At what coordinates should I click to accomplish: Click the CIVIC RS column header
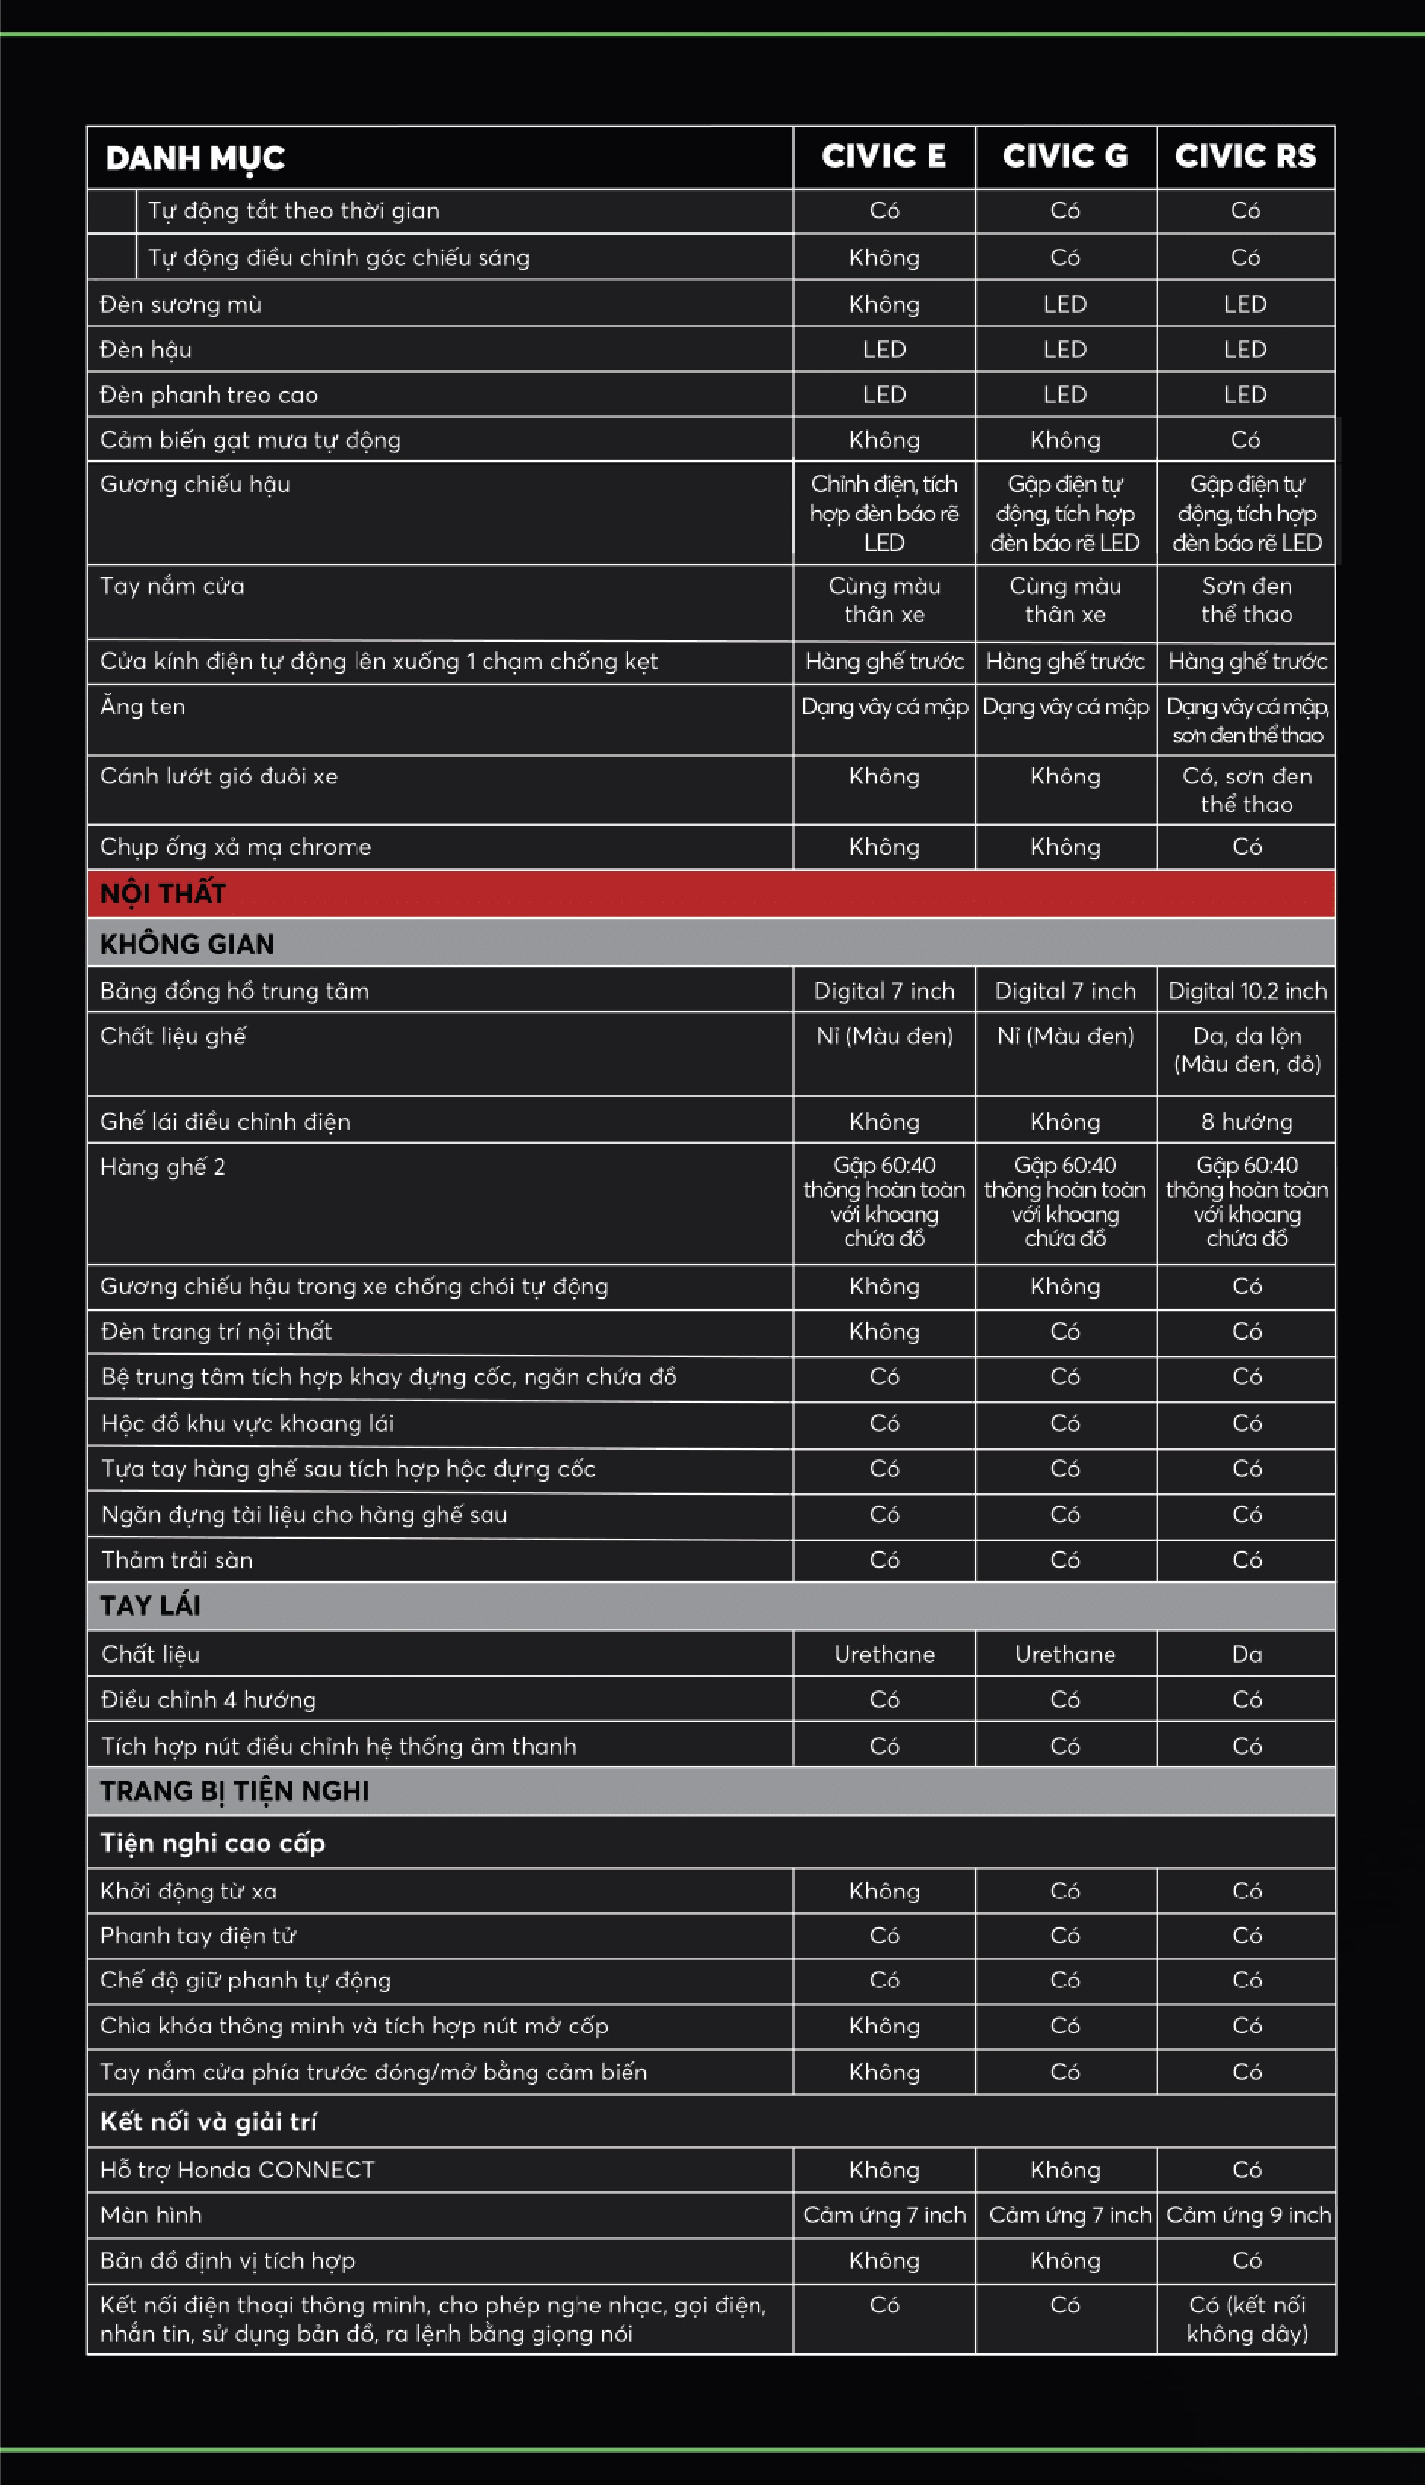[1245, 157]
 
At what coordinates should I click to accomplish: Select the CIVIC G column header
[1064, 157]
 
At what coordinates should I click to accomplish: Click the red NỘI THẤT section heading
[163, 893]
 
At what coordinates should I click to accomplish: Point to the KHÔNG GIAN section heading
[187, 943]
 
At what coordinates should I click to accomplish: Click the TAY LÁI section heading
[151, 1606]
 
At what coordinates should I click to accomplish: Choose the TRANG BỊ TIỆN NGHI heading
[234, 1790]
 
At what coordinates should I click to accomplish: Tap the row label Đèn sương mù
[181, 304]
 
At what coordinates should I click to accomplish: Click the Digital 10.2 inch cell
[1247, 991]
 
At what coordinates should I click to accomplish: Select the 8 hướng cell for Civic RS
[1247, 1121]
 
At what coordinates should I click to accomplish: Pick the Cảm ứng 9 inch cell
[1248, 2214]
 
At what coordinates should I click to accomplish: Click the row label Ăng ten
[143, 706]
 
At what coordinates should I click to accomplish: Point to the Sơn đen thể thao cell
[1247, 599]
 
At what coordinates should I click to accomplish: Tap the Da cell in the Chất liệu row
[1247, 1655]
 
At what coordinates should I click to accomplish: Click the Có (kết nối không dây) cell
[1247, 2318]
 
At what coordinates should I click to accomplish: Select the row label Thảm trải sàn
[177, 1560]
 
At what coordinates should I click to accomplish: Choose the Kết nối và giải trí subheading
[209, 2122]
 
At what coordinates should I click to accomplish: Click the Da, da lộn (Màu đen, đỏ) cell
[1247, 1050]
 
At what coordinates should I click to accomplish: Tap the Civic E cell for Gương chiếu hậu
[883, 513]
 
